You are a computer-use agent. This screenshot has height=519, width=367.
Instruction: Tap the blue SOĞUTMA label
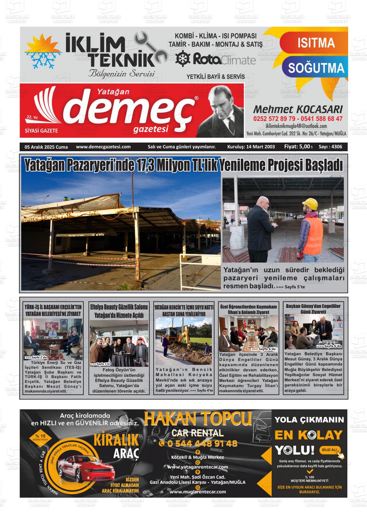316,68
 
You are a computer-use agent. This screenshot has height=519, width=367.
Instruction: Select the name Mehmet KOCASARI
297,109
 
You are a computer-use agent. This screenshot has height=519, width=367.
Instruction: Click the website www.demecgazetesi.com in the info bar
103,147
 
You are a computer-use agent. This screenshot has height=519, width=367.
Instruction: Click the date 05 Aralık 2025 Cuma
46,147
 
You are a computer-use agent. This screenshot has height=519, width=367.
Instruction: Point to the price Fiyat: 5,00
298,147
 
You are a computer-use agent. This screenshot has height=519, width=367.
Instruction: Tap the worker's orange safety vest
313,230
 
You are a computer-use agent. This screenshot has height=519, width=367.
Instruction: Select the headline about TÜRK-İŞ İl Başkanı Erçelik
53,310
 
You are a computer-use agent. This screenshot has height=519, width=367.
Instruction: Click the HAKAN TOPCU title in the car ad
198,419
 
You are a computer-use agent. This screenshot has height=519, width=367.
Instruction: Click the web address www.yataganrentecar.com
198,467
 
